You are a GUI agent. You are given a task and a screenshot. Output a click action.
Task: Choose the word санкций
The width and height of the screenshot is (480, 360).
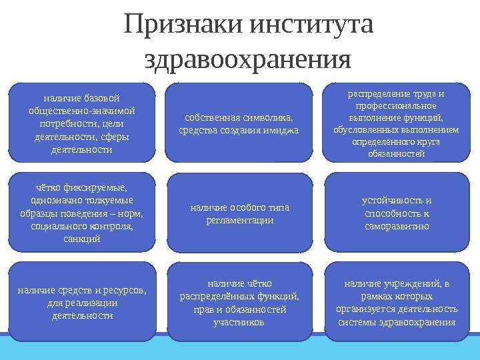click(x=82, y=238)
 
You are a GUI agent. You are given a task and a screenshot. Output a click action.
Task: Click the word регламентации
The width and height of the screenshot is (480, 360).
click(x=239, y=219)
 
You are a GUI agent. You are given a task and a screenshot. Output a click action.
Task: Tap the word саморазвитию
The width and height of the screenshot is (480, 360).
click(x=397, y=225)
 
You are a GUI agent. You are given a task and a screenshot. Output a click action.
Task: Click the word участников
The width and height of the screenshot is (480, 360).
click(x=239, y=322)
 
